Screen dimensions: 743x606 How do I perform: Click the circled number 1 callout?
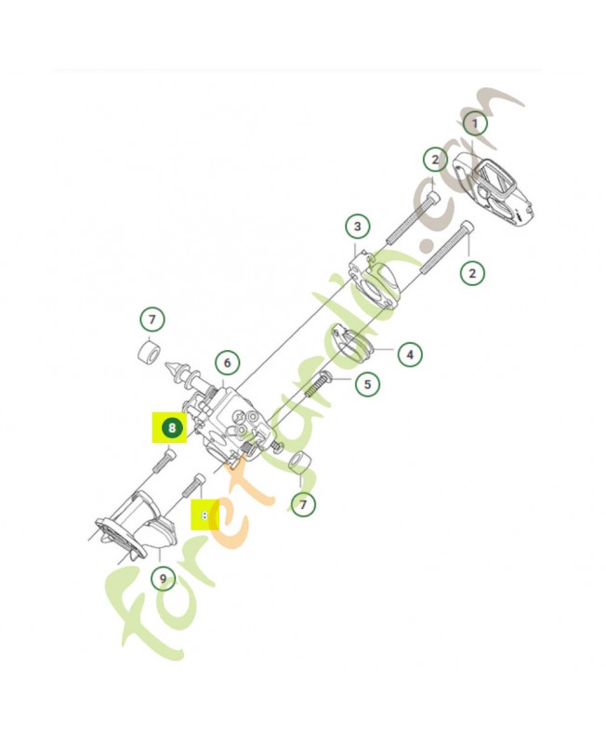tap(475, 123)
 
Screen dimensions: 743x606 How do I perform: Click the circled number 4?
tap(409, 354)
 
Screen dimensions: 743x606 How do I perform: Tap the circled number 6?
tap(226, 362)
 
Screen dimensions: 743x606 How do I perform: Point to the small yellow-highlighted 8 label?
tap(204, 515)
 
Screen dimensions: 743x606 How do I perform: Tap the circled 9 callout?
tap(163, 580)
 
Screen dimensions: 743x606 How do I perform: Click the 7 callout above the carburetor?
tap(151, 320)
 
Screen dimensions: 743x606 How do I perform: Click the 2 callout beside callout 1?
tap(435, 160)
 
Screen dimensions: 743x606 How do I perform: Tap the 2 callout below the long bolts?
tap(473, 273)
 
